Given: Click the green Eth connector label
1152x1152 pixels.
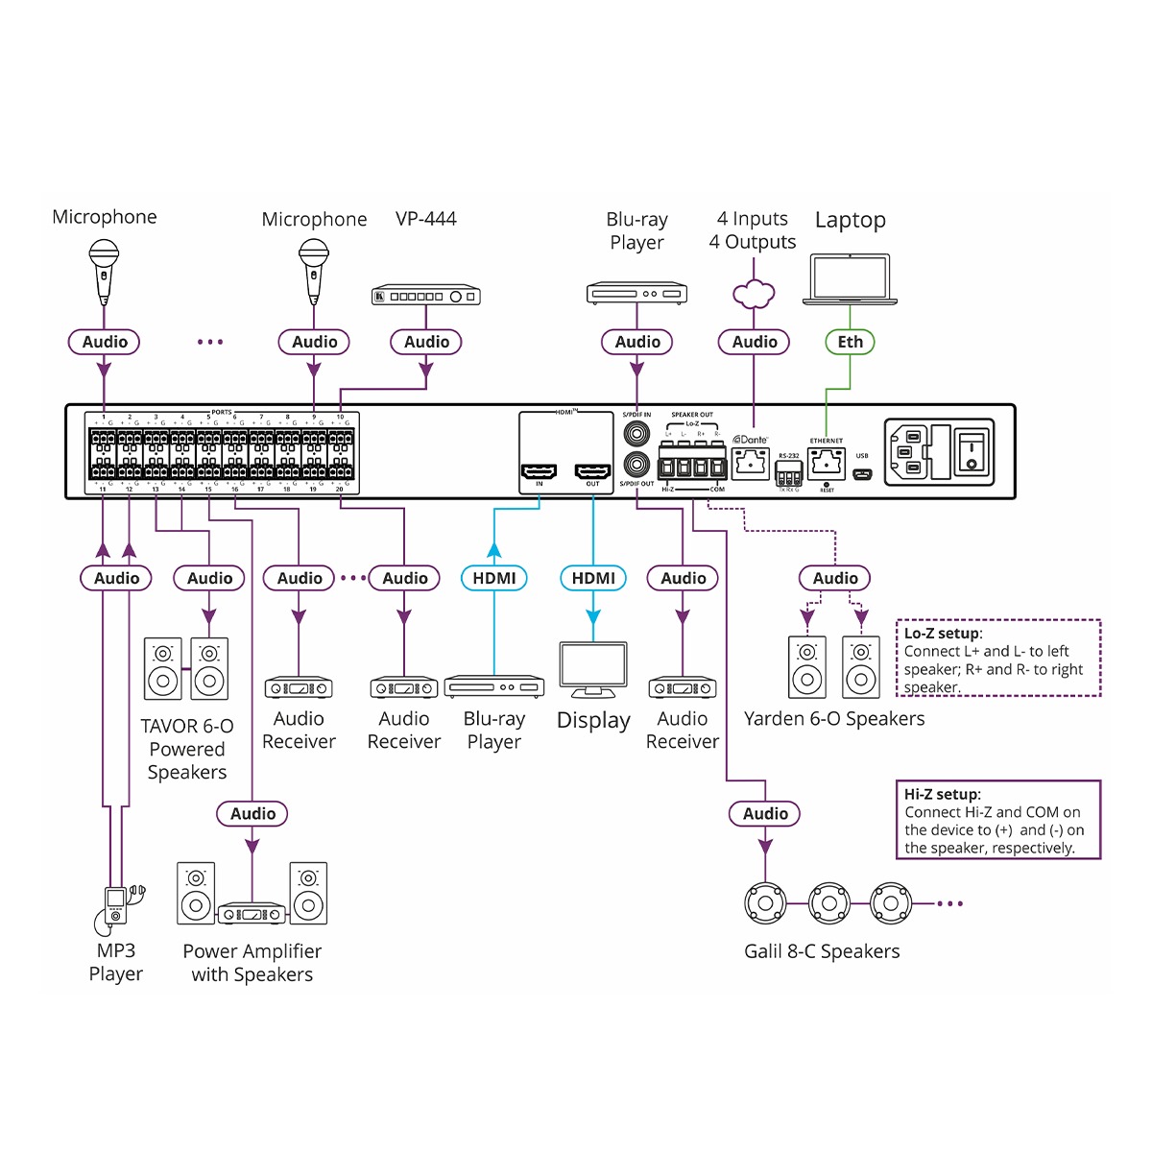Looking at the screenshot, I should click(850, 342).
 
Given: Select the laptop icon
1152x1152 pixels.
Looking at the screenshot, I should click(850, 279).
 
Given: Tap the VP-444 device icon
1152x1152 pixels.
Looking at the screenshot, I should click(426, 296).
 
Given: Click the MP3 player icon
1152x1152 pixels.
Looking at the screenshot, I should click(116, 904).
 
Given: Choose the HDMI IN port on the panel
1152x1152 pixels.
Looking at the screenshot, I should click(539, 471).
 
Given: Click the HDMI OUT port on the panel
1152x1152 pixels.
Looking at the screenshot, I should click(592, 471).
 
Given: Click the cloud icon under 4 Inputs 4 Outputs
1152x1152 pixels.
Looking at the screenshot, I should click(754, 294).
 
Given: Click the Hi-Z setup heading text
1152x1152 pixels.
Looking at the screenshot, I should click(942, 794).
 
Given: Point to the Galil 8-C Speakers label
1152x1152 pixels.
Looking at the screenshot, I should click(822, 951).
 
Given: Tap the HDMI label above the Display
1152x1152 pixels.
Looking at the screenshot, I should click(593, 578).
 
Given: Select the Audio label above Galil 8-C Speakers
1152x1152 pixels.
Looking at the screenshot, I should click(765, 814).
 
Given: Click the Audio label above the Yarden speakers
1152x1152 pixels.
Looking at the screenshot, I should click(835, 578).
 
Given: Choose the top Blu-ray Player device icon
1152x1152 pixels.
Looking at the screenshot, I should click(636, 293).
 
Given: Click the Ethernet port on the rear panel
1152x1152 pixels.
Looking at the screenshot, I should click(826, 465).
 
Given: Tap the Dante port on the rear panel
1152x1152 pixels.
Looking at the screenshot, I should click(751, 465).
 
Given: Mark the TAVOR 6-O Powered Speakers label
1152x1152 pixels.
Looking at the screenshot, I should click(187, 749).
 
